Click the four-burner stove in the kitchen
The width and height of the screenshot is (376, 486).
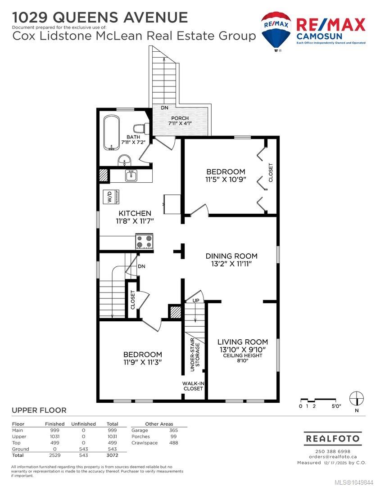(x=145, y=241)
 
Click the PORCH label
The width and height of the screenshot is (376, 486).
(x=180, y=118)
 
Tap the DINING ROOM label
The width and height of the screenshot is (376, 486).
(x=231, y=256)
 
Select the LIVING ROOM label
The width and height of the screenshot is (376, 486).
(x=243, y=342)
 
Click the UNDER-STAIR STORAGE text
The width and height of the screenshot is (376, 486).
(x=195, y=355)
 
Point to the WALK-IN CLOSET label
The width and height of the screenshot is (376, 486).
(x=193, y=386)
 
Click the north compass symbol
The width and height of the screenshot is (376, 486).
(x=357, y=398)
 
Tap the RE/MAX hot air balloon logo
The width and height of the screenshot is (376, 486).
(x=276, y=31)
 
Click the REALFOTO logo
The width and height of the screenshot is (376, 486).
(x=333, y=439)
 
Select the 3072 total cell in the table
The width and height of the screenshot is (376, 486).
(x=112, y=455)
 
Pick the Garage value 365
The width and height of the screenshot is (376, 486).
(x=174, y=430)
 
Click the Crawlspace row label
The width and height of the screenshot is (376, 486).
(x=145, y=443)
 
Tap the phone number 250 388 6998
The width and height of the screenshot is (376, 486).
(x=333, y=451)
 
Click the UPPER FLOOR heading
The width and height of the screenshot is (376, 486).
(x=39, y=410)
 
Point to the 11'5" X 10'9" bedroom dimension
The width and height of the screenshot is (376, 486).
(x=226, y=179)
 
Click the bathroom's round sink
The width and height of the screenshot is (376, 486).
(x=125, y=161)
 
